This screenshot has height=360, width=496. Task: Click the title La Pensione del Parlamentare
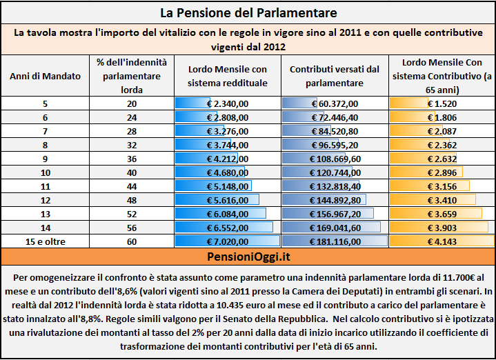point(248,13)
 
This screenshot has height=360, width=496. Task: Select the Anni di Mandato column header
point(46,77)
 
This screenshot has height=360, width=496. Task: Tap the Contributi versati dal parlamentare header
point(335,77)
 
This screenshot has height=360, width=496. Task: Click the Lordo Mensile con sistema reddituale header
point(228,77)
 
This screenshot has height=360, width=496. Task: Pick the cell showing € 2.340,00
point(228,103)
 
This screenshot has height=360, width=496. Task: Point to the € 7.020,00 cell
point(228,241)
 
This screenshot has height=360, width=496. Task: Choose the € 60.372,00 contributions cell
point(335,103)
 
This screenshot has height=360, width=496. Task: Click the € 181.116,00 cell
point(335,241)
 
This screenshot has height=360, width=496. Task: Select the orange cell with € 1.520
point(442,103)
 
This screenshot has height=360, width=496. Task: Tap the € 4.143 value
point(442,241)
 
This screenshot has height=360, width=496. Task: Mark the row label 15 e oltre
point(46,241)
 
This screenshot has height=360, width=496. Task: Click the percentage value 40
point(132,172)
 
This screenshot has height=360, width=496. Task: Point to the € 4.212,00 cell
point(228,159)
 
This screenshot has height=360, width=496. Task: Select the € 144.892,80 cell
point(335,200)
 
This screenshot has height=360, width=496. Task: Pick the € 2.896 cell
point(442,172)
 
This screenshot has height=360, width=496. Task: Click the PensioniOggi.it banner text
point(248,257)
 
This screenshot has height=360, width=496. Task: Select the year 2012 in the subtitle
point(275,47)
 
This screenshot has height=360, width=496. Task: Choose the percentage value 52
point(132,214)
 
